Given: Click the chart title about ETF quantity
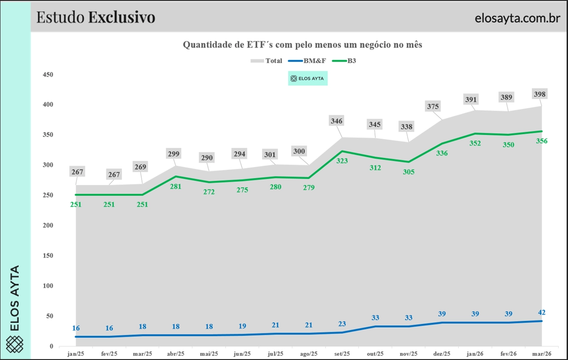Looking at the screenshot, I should [302, 45].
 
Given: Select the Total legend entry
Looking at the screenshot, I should [273, 61].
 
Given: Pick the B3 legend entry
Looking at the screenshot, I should [351, 61].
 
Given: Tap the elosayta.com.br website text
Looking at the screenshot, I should [517, 18].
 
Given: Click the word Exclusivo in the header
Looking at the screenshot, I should [122, 17].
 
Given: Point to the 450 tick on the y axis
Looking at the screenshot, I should [47, 74].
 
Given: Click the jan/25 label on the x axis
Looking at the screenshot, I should [76, 354].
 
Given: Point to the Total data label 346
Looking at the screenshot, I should [337, 121].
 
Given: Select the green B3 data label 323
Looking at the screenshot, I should [342, 161].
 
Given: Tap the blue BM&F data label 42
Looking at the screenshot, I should [541, 313].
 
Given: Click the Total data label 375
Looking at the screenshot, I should [433, 107].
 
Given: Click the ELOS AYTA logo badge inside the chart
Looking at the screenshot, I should [307, 79].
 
